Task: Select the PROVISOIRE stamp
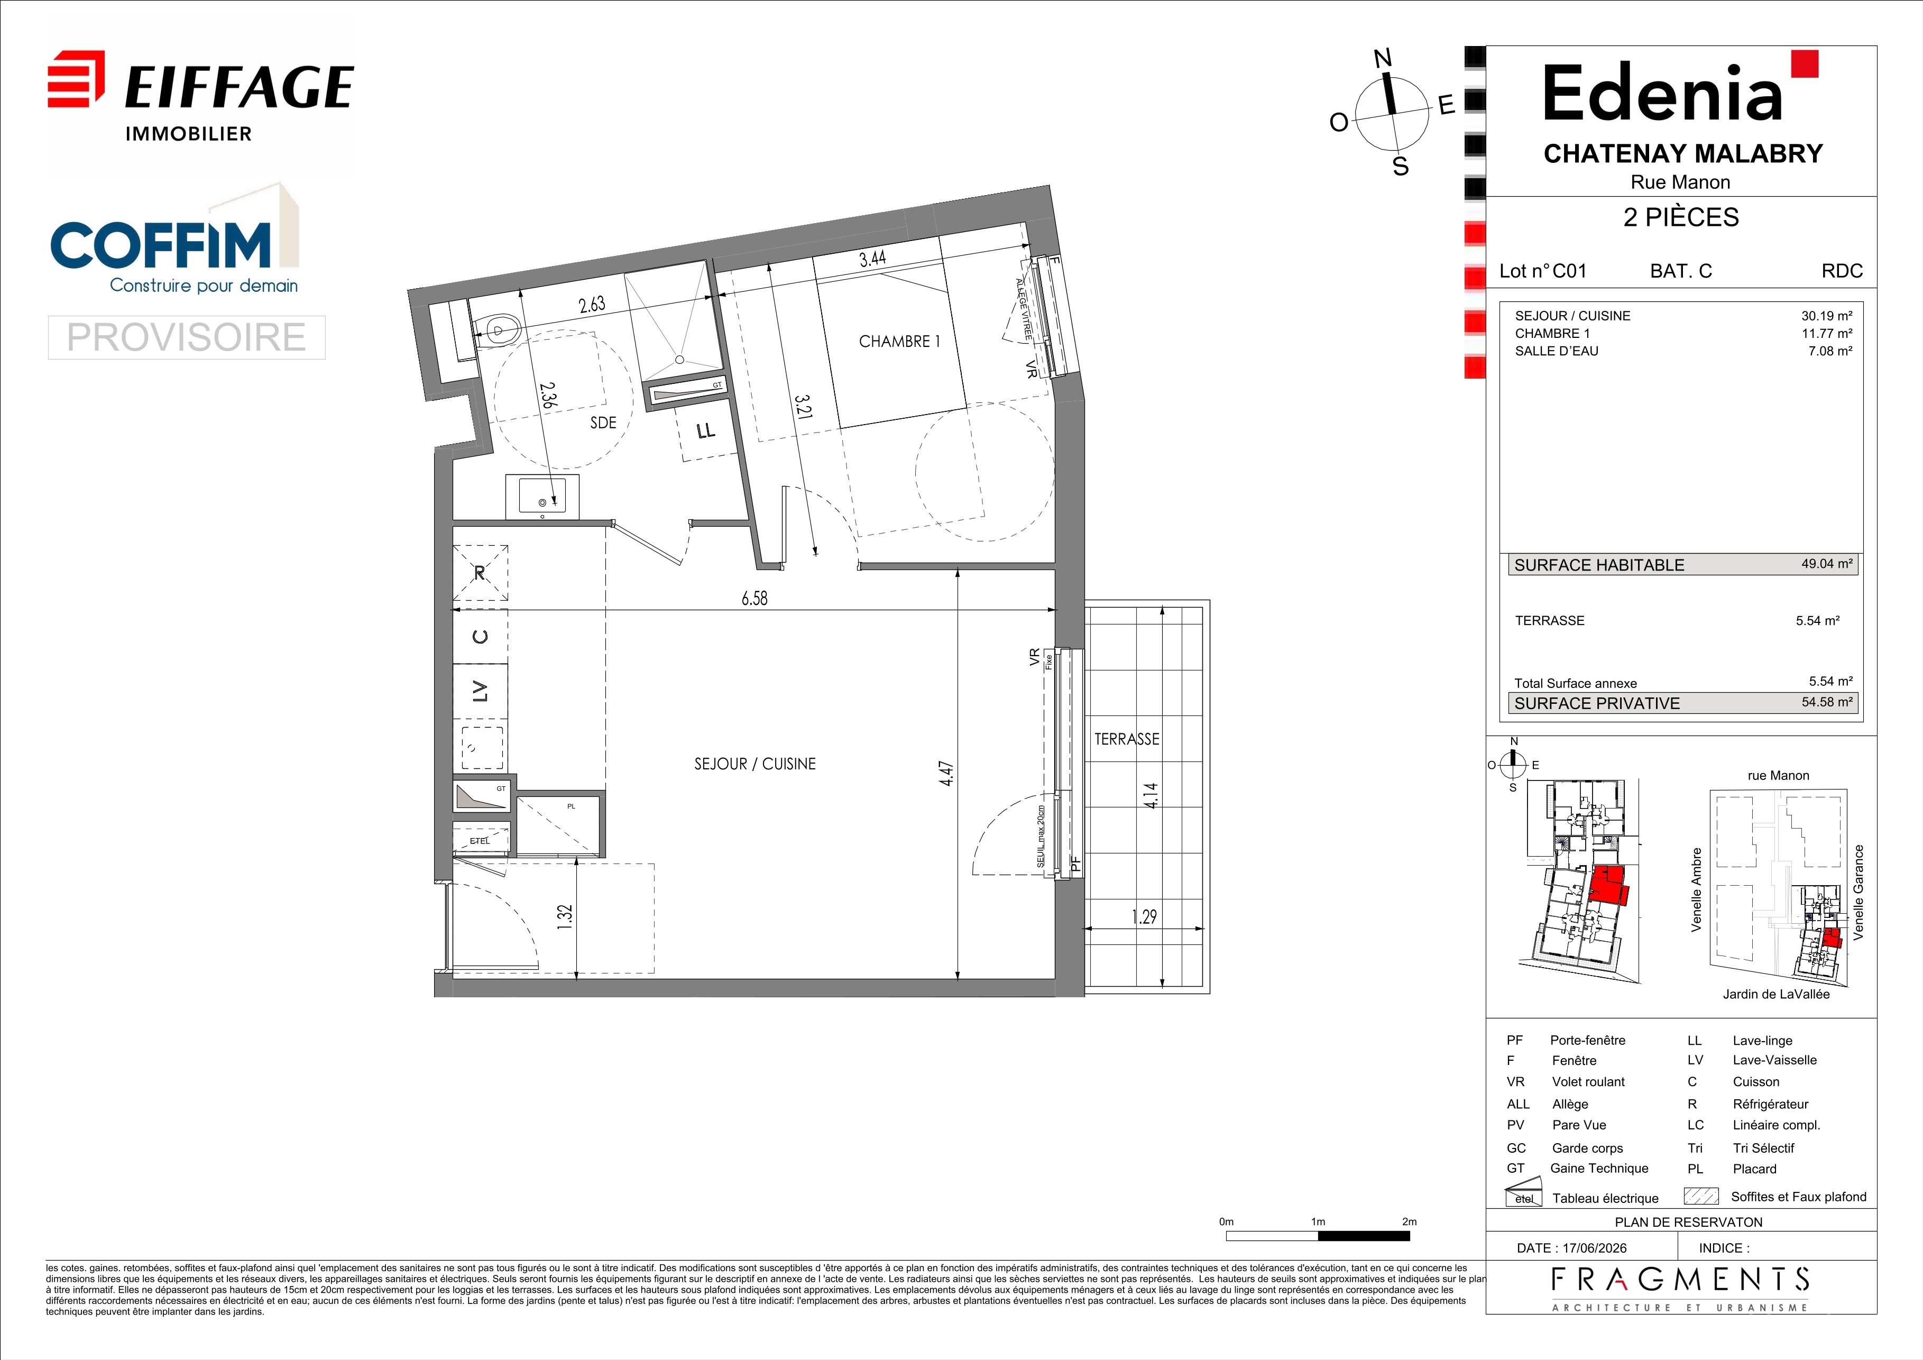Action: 186,337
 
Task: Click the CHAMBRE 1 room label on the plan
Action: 899,342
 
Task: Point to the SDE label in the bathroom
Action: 603,423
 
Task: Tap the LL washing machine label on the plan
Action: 706,430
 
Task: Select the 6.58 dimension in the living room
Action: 754,598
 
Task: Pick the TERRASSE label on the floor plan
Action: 1127,739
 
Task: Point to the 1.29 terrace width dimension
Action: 1144,916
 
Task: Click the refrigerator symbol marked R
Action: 480,573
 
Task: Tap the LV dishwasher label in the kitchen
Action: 480,691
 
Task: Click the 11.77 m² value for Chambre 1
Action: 1827,333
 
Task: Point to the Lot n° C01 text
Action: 1543,271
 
